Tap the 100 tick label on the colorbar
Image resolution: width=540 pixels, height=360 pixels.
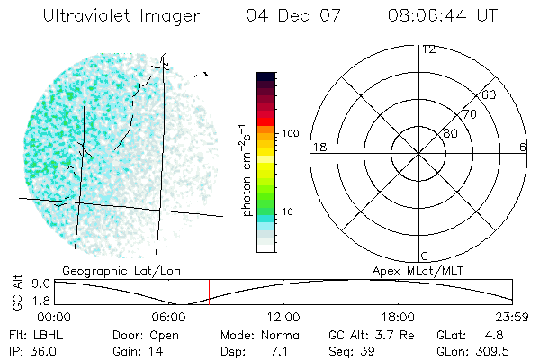coord(291,133)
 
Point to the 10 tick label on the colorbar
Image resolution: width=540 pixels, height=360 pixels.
coord(288,211)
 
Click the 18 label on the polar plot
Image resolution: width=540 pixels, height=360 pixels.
coord(319,147)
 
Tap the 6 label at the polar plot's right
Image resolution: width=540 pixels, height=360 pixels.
coord(523,147)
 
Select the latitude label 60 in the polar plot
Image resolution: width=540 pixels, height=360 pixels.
coord(490,94)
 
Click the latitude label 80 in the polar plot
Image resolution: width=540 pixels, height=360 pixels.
coord(450,133)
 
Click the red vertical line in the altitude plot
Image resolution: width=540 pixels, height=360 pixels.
coord(209,292)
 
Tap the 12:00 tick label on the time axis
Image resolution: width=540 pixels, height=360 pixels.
coord(283,317)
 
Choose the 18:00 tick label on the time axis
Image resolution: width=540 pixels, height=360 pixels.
coord(398,317)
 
